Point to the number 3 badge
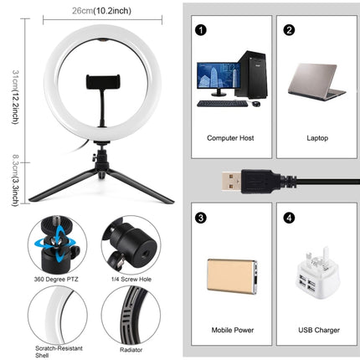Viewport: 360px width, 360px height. click(201, 218)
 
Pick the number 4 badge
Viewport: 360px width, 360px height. click(289, 218)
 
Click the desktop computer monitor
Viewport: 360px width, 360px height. click(213, 79)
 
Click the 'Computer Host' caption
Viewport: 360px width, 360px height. click(231, 135)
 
